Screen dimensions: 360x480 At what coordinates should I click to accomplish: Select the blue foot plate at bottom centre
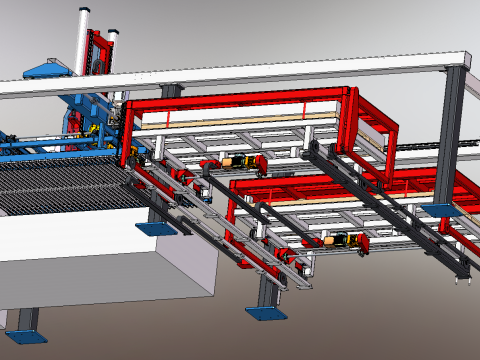click(x=266, y=314)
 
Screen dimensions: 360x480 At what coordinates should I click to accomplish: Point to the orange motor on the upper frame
click(x=233, y=160)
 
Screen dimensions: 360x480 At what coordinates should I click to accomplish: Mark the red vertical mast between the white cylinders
click(x=99, y=55)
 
